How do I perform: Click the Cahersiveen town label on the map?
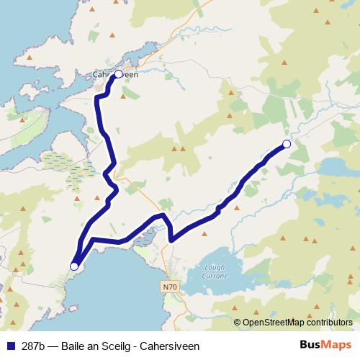[115, 73]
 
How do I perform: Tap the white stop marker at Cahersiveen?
[119, 73]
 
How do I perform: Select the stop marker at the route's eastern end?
[287, 144]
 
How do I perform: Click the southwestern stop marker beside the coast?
[73, 266]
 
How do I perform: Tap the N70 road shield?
[169, 287]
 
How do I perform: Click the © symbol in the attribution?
[238, 323]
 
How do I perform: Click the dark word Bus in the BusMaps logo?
[311, 345]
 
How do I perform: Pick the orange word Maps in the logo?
[336, 345]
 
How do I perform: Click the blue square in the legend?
[10, 346]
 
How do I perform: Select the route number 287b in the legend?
[32, 346]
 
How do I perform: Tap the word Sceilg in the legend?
[112, 346]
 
